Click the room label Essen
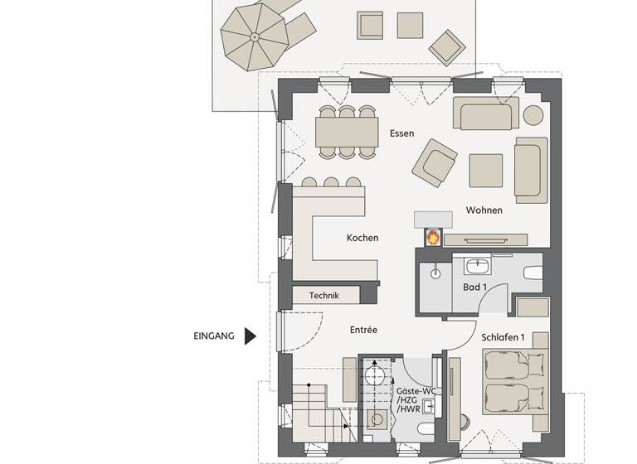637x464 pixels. click(x=401, y=133)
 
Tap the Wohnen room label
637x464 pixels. click(x=484, y=210)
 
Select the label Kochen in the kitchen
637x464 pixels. click(x=362, y=239)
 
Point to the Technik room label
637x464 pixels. click(x=325, y=295)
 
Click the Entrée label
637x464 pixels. click(x=363, y=330)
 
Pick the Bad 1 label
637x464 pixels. click(x=474, y=288)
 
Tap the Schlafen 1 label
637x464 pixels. click(x=503, y=337)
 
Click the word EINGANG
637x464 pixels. click(x=214, y=336)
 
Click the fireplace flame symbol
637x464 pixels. click(x=432, y=237)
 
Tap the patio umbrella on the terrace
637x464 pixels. click(x=254, y=36)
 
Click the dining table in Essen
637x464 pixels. click(x=346, y=130)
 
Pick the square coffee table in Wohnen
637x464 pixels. click(x=485, y=170)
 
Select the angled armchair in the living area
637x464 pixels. click(x=435, y=162)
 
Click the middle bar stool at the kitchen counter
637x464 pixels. click(x=331, y=182)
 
